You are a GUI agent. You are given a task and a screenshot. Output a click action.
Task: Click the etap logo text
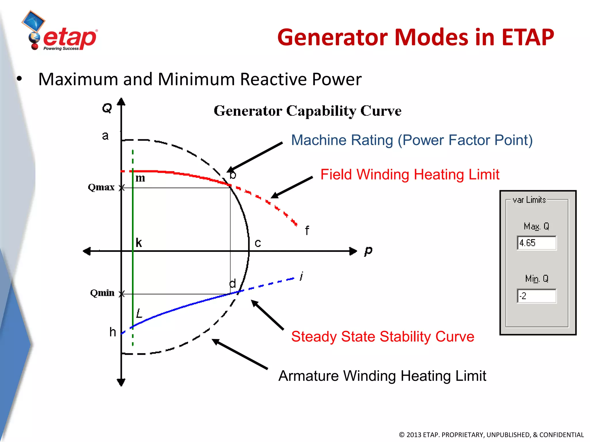pos(70,38)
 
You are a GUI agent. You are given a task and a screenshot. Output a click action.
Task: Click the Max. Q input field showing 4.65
pos(536,243)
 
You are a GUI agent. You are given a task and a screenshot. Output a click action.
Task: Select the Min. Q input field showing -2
pos(536,296)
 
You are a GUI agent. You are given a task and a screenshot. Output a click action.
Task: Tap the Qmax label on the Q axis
pos(101,187)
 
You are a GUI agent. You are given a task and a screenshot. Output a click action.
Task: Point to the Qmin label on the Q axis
pos(102,293)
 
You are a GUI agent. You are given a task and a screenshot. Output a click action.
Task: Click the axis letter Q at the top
pos(107,108)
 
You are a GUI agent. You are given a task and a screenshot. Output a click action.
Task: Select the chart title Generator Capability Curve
pos(307,111)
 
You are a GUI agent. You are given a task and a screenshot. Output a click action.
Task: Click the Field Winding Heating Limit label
pos(409,175)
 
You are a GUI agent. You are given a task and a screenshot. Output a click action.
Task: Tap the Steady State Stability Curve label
pos(382,336)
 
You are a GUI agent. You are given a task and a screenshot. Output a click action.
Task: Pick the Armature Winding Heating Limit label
pos(382,376)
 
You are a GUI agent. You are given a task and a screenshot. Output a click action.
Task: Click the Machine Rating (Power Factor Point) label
pos(412,140)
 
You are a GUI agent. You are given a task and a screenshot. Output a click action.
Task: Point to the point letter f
pos(307,230)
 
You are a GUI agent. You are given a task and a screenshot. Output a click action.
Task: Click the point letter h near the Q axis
pos(113,332)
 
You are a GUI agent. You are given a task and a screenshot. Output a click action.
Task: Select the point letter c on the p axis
pos(258,243)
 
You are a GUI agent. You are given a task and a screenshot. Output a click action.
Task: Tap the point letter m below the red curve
pos(140,178)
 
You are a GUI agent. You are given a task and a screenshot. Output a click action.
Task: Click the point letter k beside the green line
pos(139,243)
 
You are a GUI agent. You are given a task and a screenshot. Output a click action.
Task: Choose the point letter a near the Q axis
pos(105,136)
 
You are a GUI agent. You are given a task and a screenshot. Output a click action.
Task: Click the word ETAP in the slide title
pos(528,37)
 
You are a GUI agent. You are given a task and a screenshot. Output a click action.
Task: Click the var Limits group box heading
pos(529,200)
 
